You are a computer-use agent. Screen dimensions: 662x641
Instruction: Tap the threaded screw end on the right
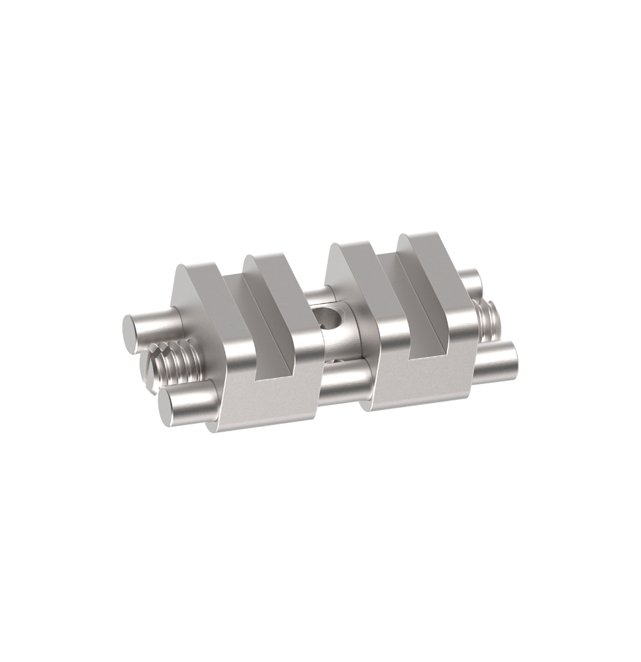tap(488, 321)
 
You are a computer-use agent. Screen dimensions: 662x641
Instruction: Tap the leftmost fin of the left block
tap(199, 291)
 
